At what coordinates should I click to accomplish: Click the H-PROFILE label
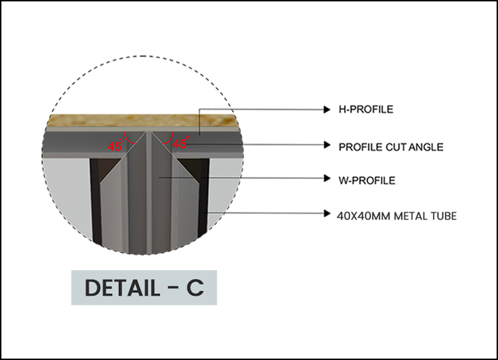click(x=366, y=109)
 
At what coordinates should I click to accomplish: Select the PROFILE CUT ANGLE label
click(x=391, y=147)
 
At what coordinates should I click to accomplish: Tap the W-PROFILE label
click(x=367, y=181)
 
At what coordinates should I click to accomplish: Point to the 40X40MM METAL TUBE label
click(x=396, y=216)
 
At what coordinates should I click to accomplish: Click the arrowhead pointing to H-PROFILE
click(x=327, y=110)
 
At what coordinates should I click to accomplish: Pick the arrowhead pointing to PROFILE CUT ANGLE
click(x=327, y=145)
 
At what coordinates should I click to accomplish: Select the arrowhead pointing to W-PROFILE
click(x=327, y=178)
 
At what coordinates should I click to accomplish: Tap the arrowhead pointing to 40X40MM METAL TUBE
click(x=327, y=214)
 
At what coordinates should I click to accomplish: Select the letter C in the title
click(x=195, y=288)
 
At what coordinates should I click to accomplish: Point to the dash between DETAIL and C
click(x=173, y=288)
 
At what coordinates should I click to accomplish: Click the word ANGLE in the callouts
click(x=426, y=147)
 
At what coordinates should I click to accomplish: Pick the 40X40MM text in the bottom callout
click(x=364, y=216)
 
